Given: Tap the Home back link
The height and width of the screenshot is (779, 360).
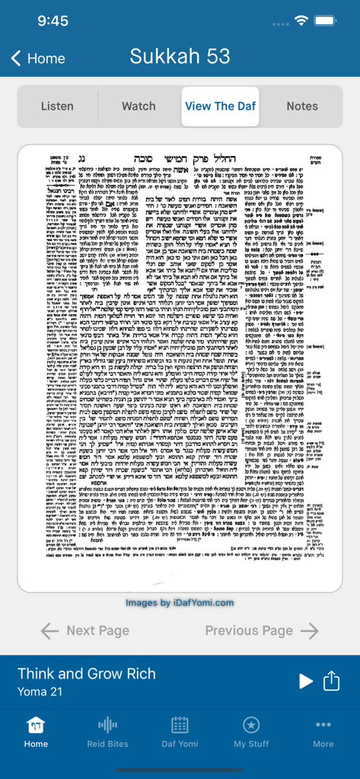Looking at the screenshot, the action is (38, 59).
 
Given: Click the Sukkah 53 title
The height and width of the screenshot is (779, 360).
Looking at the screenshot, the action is (180, 56).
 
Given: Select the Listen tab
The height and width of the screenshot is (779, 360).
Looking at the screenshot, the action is (58, 107).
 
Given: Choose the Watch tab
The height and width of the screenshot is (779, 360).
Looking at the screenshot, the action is (139, 107).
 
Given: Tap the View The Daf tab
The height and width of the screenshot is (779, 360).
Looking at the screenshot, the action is (220, 107).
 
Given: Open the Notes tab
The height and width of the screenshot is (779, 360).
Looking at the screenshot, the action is (302, 107).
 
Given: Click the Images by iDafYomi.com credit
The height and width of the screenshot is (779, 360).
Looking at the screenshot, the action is (180, 603).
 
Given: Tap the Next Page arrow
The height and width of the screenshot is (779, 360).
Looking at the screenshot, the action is (49, 631).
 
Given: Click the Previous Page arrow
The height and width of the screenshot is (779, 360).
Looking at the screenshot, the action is (310, 631).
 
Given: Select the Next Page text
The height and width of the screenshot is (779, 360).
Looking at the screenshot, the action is (97, 631).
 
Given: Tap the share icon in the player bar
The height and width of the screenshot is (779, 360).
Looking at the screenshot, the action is (332, 681).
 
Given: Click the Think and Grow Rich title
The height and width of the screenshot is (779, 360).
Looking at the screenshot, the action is (87, 673).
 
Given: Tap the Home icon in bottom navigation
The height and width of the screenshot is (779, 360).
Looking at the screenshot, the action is (36, 725).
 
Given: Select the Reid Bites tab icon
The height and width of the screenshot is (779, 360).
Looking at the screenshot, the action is (107, 725).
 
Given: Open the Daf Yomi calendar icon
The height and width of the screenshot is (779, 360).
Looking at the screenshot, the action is (180, 725).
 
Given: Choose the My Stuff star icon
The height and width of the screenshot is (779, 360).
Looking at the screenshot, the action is (251, 725).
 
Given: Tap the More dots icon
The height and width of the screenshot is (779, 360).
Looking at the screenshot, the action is (323, 725).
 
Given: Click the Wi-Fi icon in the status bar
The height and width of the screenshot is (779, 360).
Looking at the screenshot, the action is (302, 21).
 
